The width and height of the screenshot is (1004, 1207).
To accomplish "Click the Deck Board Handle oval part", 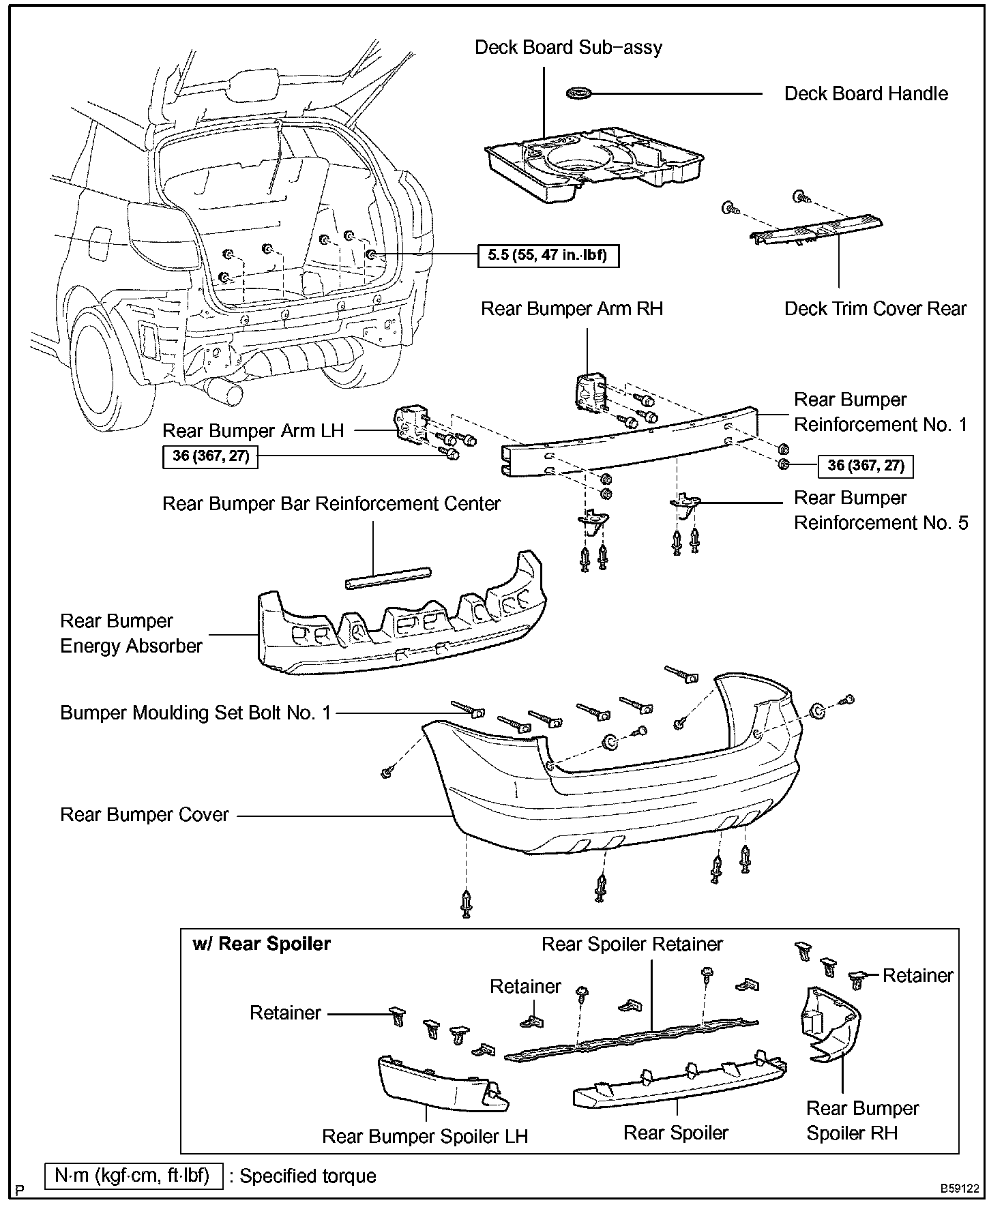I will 579,93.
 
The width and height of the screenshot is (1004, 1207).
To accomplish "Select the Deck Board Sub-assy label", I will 568,48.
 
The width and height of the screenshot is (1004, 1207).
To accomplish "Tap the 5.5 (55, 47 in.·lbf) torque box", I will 548,256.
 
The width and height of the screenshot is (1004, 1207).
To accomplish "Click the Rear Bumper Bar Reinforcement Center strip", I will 388,577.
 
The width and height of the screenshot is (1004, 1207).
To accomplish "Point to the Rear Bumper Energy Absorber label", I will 131,634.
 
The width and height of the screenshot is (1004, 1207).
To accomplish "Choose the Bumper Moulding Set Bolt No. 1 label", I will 196,713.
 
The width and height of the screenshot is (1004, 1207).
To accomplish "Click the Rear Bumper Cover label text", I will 145,815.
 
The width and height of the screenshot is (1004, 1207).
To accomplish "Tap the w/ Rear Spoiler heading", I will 262,944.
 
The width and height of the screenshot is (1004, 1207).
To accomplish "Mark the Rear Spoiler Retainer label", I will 632,944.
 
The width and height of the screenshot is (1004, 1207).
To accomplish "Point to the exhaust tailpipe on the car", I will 226,392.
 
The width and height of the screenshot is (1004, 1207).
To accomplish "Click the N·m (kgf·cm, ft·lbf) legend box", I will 134,1176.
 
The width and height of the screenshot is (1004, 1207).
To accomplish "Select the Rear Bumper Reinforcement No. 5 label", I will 881,511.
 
